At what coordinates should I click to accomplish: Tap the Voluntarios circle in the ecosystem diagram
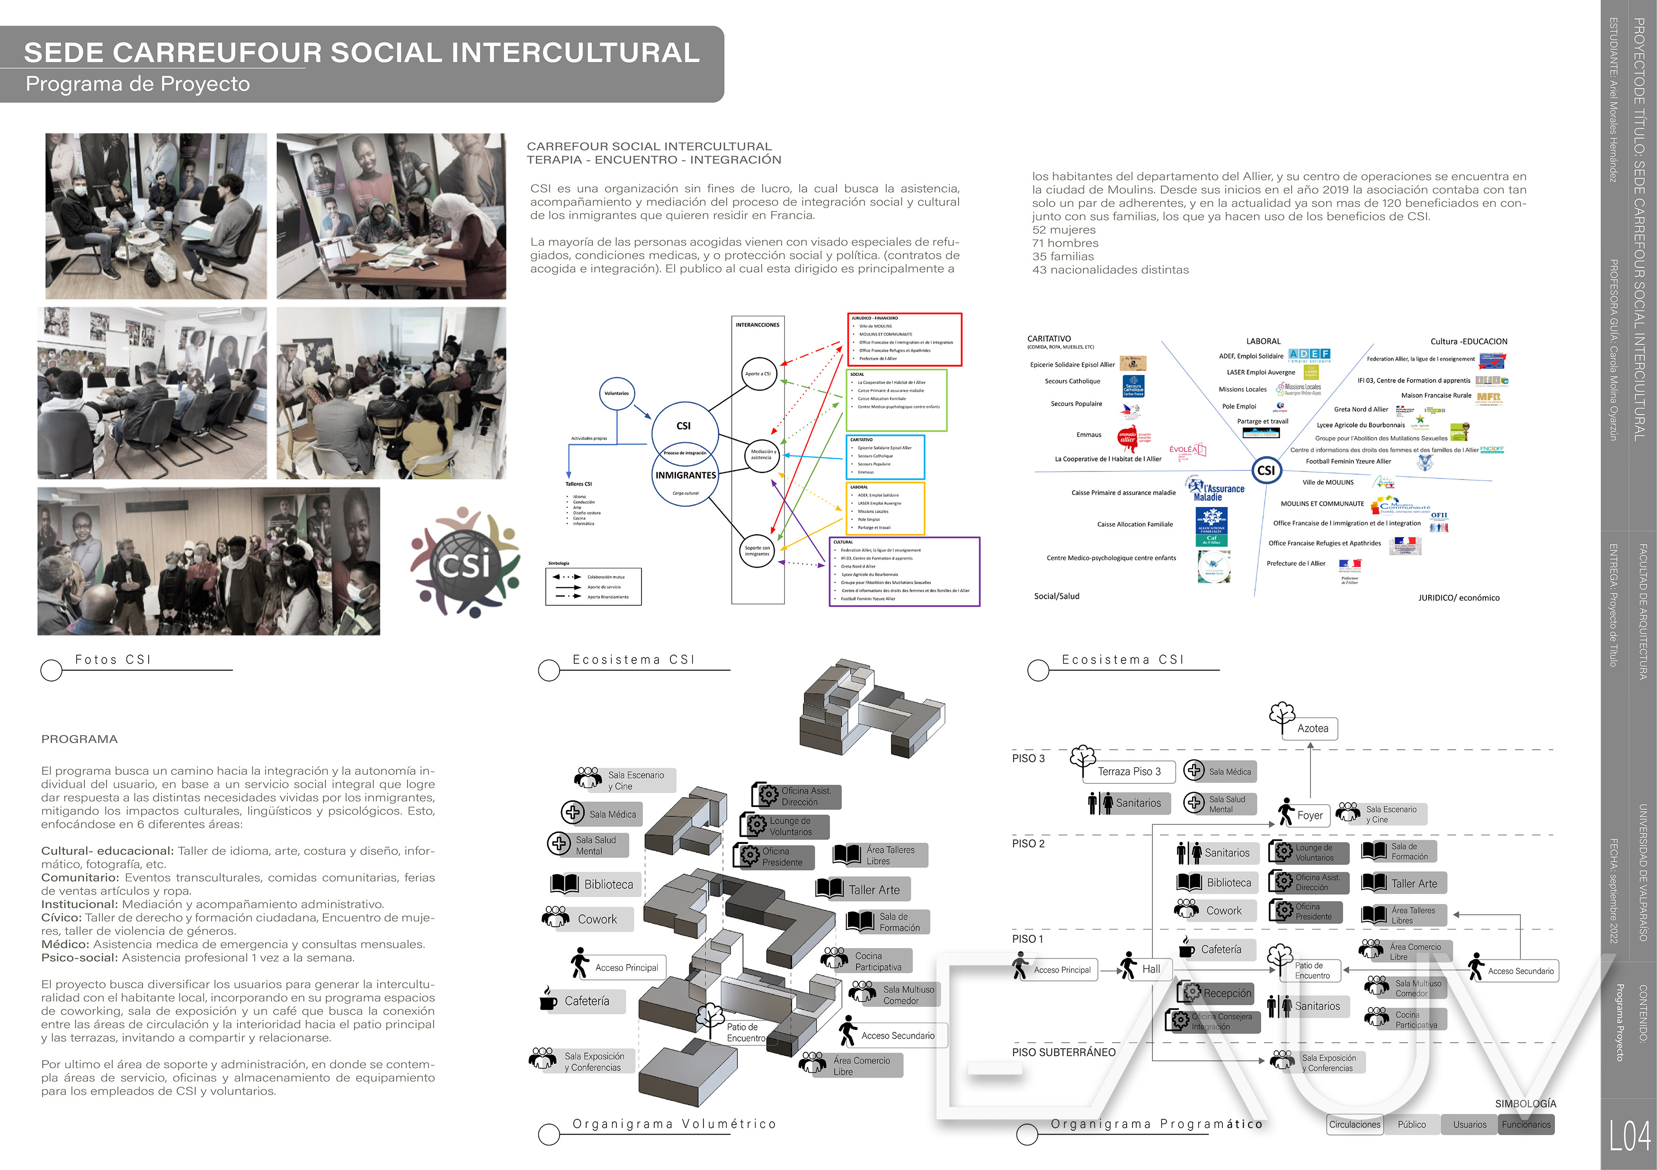click(x=616, y=394)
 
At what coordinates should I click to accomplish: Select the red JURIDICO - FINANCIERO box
click(x=904, y=339)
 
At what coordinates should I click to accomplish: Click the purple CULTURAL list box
click(x=904, y=571)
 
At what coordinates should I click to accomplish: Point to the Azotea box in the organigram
click(x=1312, y=728)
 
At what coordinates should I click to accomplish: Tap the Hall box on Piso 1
click(x=1150, y=969)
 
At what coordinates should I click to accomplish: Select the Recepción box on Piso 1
click(x=1226, y=993)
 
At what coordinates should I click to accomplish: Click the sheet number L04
click(x=1630, y=1137)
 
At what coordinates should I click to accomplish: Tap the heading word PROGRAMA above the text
click(x=80, y=739)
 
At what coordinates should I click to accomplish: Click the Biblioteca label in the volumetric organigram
click(x=608, y=884)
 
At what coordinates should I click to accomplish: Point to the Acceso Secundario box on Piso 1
click(x=1520, y=971)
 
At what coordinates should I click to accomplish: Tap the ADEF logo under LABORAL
click(x=1309, y=354)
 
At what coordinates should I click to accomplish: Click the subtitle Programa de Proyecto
click(x=138, y=84)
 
